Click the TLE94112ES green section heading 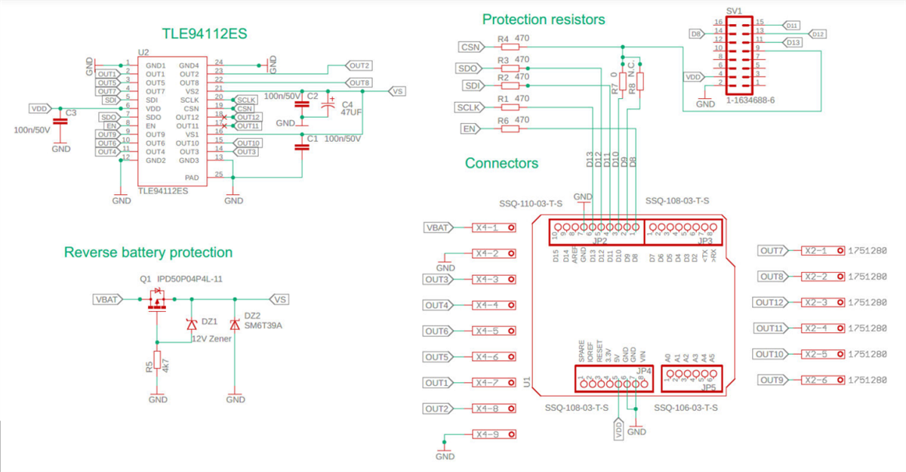click(205, 34)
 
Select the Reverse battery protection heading click(148, 252)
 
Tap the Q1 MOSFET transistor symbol click(157, 300)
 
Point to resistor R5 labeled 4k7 click(157, 362)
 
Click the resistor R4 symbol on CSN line click(510, 47)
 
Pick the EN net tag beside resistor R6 click(470, 129)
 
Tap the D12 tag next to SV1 click(818, 34)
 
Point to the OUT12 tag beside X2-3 click(772, 303)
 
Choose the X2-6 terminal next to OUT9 click(821, 380)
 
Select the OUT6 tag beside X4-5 click(437, 331)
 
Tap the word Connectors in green click(501, 163)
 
